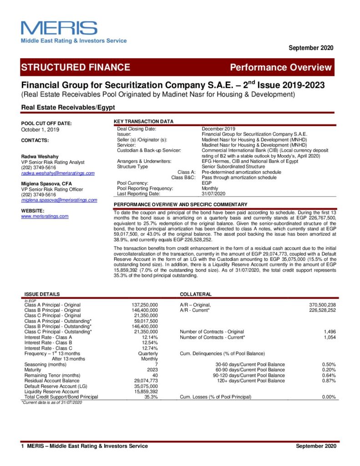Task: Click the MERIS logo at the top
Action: [x=59, y=28]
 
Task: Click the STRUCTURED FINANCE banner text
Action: [x=76, y=67]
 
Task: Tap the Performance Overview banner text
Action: [x=280, y=67]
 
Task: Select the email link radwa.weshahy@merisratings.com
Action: [x=58, y=173]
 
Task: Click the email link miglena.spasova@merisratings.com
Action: [x=59, y=200]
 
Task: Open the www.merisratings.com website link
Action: [x=45, y=216]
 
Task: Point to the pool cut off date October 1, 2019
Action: [x=41, y=130]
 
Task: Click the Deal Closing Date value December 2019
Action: [x=218, y=129]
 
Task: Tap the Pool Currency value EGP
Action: [x=207, y=183]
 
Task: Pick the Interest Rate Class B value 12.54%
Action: [x=149, y=342]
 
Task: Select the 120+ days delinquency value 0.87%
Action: [x=328, y=380]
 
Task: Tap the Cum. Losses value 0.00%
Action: [x=328, y=397]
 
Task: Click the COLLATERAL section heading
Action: [x=196, y=294]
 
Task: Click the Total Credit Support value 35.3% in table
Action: [x=151, y=397]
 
